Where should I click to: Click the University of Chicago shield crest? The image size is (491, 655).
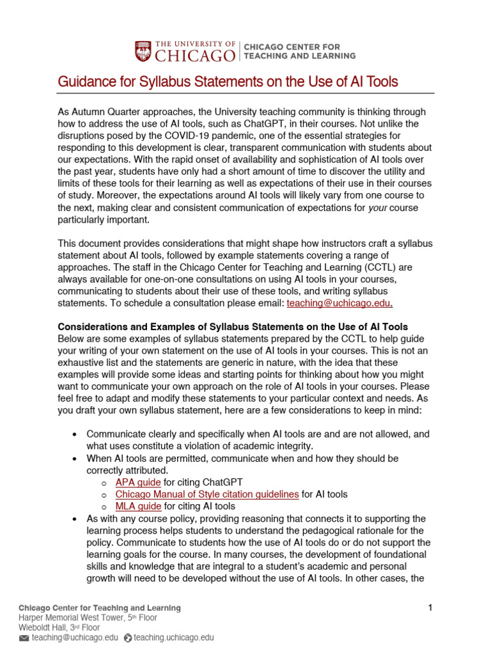[143, 52]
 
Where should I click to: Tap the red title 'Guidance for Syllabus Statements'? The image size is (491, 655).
[228, 82]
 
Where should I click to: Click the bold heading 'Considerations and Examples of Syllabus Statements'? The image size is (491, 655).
[233, 327]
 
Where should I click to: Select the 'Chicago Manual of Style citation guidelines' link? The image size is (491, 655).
[207, 494]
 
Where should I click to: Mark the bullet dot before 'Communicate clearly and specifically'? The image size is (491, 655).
[75, 434]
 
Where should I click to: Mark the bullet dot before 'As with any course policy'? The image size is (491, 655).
[75, 518]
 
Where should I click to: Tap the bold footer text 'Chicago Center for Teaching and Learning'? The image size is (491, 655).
[100, 608]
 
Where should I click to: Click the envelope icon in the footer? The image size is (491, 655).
[24, 638]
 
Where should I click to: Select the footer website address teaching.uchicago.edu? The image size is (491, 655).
[173, 638]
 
